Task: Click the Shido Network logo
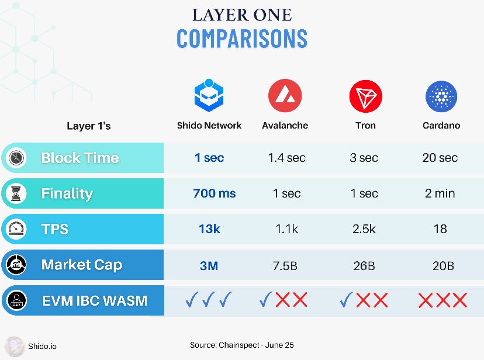point(209,96)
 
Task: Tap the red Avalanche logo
point(285,96)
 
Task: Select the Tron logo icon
point(365,96)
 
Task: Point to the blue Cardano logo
point(441,96)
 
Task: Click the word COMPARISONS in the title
point(241,39)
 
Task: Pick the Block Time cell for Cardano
point(440,158)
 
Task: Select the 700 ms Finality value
point(214,193)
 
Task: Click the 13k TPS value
point(209,229)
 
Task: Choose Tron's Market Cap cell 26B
point(364,265)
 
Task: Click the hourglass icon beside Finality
point(16,193)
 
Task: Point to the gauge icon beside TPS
point(16,229)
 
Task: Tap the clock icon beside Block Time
point(16,158)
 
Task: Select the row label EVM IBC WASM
point(95,301)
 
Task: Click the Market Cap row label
point(82,265)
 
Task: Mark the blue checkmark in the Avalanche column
point(265,300)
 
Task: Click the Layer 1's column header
point(89,126)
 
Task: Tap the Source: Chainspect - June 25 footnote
point(241,345)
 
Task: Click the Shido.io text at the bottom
point(42,346)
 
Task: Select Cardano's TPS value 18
point(440,229)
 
